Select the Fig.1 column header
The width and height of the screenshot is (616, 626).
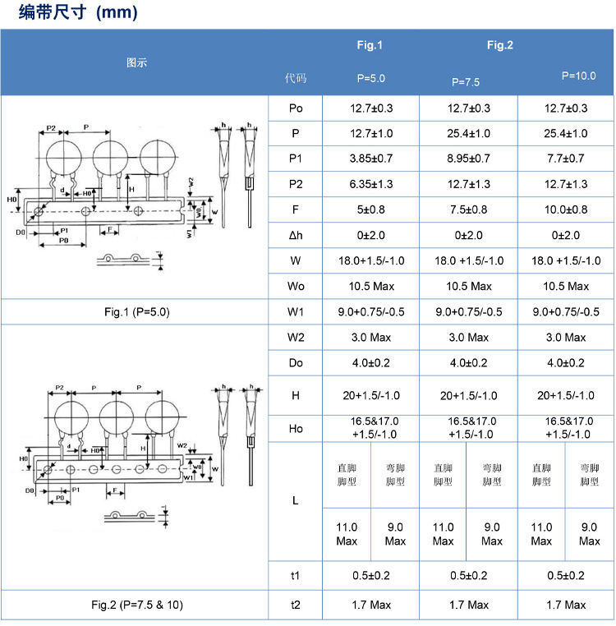370,46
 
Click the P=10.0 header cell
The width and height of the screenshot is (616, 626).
578,76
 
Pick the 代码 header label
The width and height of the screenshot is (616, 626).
296,79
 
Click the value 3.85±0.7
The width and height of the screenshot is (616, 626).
370,159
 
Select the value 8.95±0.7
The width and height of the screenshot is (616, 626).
468,159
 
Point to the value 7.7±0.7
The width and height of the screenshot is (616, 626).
566,159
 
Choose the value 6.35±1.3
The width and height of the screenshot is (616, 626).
370,184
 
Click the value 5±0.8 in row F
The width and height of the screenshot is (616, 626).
370,209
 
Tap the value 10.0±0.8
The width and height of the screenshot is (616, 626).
566,209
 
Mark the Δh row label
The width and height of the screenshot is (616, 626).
296,236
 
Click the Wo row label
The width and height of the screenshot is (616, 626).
296,286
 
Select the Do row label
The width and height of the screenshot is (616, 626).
296,362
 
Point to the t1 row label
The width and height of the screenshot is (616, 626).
296,576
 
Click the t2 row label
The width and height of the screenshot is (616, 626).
296,605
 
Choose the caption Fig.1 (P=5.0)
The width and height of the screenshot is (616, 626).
136,312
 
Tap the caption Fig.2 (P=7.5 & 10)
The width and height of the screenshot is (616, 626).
137,605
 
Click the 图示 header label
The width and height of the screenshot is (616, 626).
136,62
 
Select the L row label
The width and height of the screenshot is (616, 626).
296,499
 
